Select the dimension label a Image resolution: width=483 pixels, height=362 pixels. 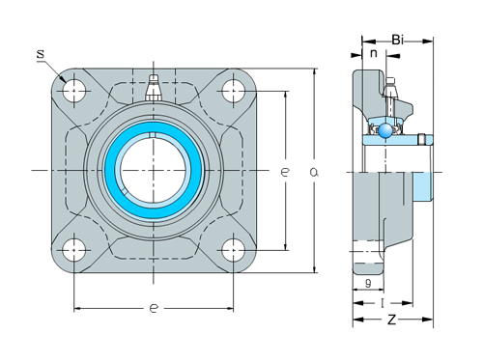(314, 171)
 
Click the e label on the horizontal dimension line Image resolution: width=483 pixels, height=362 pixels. (154, 309)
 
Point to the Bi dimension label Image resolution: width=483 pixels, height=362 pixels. (397, 40)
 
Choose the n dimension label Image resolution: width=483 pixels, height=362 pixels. (374, 55)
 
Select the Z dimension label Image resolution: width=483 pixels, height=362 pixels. (391, 320)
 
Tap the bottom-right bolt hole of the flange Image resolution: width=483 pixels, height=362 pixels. (233, 250)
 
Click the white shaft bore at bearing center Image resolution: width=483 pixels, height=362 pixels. (153, 171)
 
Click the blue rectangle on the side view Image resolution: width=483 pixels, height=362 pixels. (423, 187)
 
